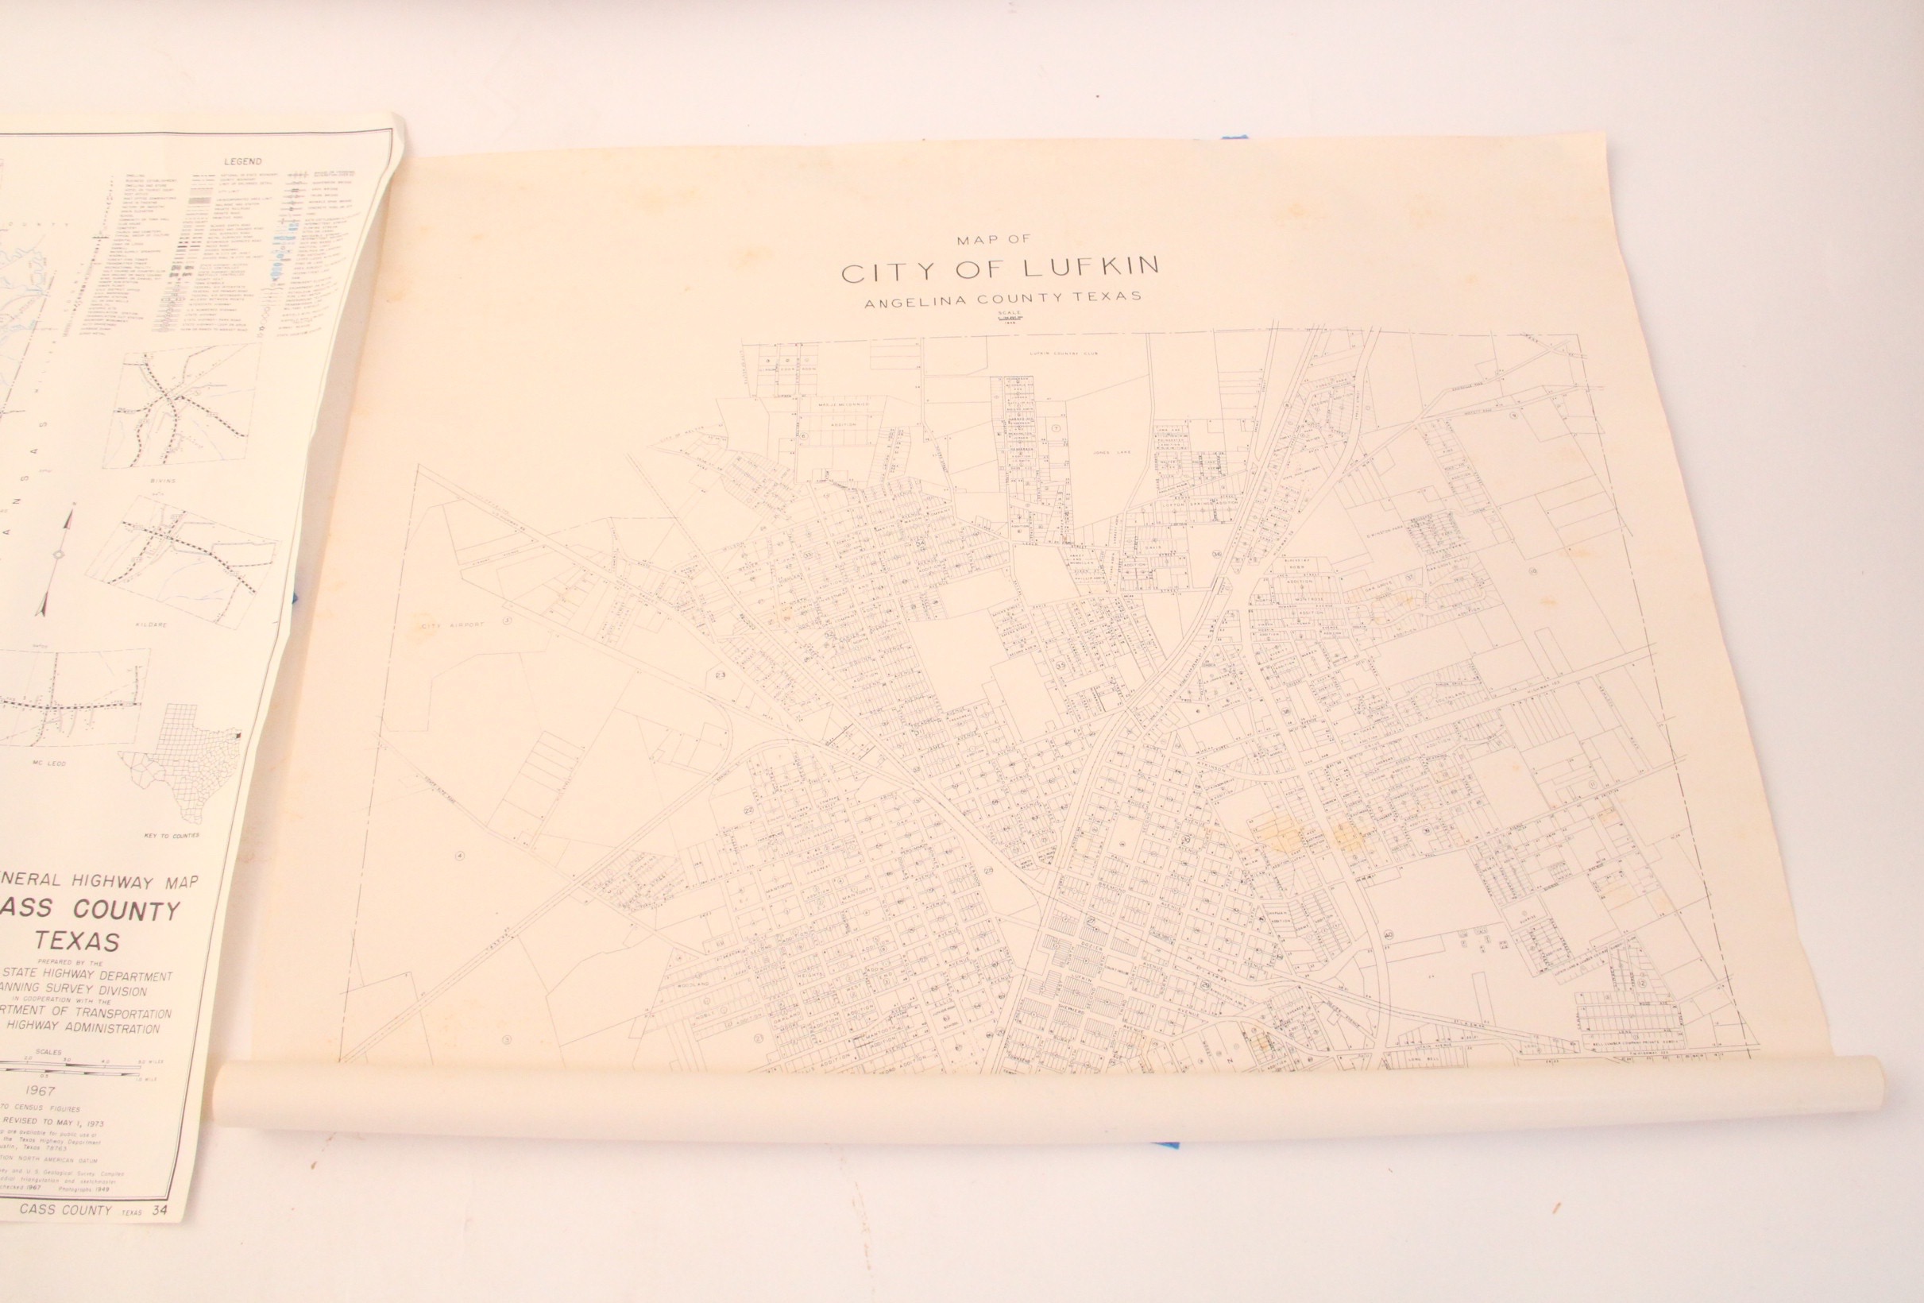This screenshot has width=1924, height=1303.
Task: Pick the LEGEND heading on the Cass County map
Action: coord(241,162)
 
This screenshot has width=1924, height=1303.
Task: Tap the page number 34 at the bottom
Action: coord(172,1235)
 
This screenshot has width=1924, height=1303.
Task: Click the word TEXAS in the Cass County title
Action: coord(76,941)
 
